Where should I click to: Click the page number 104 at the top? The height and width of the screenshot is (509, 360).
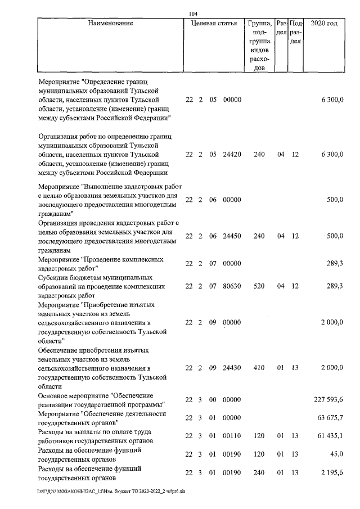[x=193, y=13]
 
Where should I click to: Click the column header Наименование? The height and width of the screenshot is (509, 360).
[x=110, y=24]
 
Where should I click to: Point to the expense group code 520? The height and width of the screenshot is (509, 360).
[x=259, y=286]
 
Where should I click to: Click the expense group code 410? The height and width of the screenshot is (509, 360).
[x=259, y=368]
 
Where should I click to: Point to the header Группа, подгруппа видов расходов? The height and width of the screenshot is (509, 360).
[x=259, y=45]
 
